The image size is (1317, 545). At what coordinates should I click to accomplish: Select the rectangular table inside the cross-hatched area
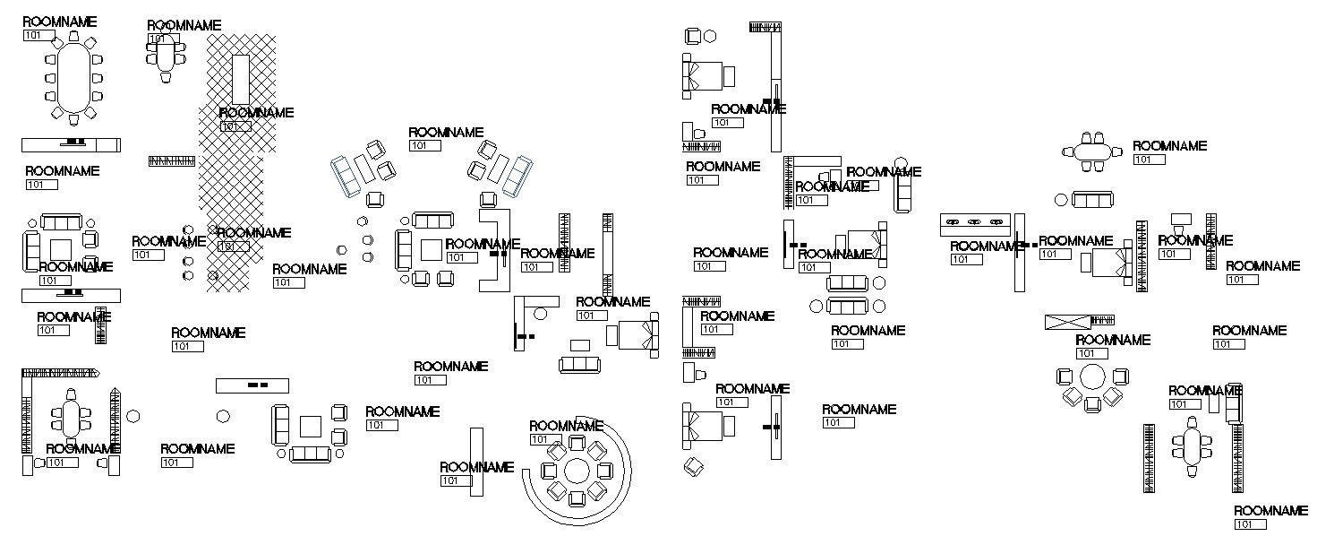[x=241, y=79]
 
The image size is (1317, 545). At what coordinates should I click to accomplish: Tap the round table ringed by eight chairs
[x=577, y=471]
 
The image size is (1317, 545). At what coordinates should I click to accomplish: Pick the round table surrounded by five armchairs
[x=1092, y=376]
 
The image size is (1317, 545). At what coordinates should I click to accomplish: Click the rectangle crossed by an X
[x=1067, y=321]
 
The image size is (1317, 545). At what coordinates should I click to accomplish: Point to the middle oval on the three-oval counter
[x=975, y=221]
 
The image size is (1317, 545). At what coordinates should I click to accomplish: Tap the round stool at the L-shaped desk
[x=540, y=313]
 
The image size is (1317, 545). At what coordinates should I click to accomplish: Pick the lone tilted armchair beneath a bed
[x=692, y=465]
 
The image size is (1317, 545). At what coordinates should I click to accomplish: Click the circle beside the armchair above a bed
[x=710, y=37]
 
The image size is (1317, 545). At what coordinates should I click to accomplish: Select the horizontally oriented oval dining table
[x=1091, y=151]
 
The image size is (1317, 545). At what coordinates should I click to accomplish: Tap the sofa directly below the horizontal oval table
[x=1092, y=200]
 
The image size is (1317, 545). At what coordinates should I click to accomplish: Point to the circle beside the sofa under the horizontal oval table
[x=1061, y=200]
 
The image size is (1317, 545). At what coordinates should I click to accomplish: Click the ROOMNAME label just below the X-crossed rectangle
[x=1113, y=341]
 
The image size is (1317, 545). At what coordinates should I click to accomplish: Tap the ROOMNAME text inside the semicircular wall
[x=566, y=426]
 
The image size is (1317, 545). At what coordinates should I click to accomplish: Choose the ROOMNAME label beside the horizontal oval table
[x=1169, y=146]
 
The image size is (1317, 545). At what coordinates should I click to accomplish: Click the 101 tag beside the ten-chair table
[x=38, y=36]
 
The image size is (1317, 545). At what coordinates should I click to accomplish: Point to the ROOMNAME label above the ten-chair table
[x=59, y=22]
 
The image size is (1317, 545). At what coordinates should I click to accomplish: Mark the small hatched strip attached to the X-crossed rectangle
[x=1103, y=320]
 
